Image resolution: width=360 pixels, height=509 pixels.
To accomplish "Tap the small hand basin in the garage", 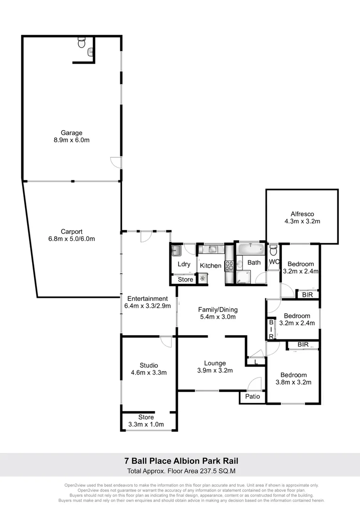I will (90, 52).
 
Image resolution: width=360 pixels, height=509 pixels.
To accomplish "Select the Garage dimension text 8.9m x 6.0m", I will (71, 140).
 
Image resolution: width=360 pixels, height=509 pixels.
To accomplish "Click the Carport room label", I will (71, 231).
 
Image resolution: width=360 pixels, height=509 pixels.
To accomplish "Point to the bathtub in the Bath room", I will (250, 249).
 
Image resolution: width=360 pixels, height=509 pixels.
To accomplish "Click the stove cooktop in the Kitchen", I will (229, 266).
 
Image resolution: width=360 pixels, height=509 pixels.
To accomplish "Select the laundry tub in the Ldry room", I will (176, 250).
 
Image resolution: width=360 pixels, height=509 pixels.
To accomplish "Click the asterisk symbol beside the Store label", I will (203, 279).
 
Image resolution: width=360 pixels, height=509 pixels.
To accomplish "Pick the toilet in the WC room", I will (273, 250).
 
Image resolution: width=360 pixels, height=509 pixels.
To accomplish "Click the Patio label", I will (253, 396).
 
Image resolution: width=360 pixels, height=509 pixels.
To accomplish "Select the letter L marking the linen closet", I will (255, 362).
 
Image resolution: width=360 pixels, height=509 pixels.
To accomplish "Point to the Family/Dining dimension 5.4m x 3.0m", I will (218, 317).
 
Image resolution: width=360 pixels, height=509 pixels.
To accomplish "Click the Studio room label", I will (148, 365).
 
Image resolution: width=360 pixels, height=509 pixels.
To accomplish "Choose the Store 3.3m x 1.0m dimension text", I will (146, 424).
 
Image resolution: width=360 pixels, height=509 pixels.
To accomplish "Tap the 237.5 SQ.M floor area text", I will (208, 470).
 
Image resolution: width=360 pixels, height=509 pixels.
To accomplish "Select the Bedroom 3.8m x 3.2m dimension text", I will (293, 382).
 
